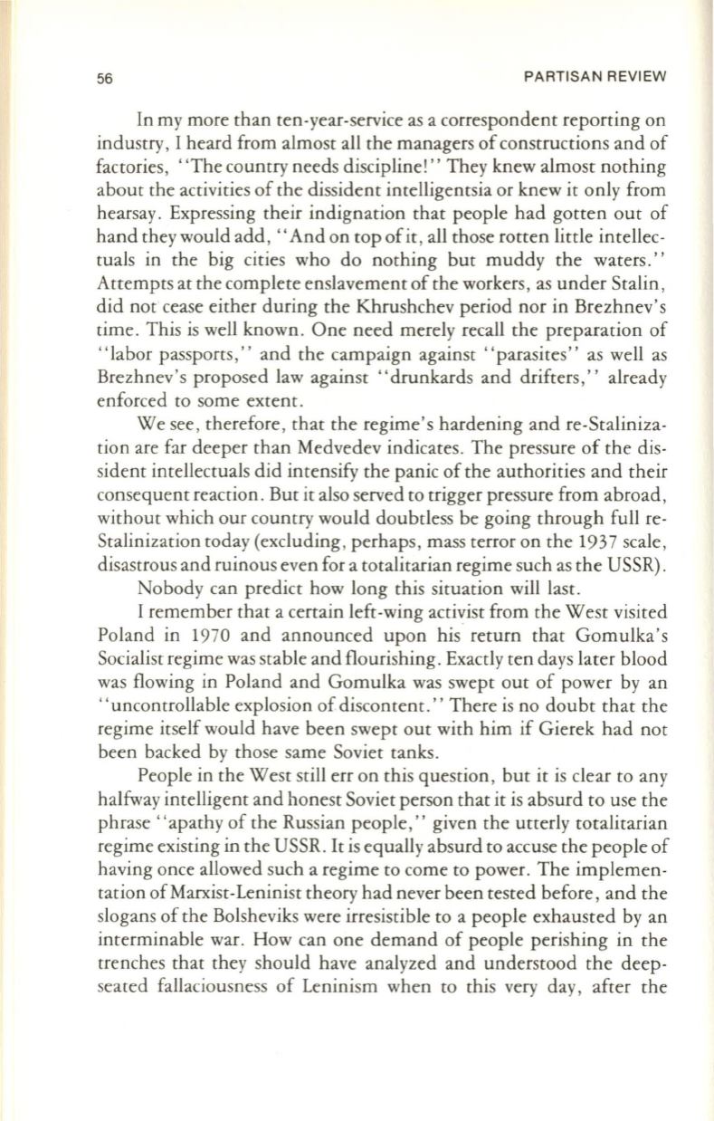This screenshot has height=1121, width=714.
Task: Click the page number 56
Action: click(x=57, y=77)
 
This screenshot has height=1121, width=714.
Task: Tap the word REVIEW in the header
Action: click(x=637, y=77)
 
